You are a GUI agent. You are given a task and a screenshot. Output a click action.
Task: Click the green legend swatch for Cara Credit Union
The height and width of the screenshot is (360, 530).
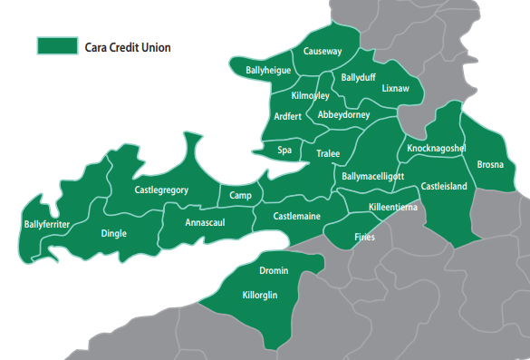coord(57,46)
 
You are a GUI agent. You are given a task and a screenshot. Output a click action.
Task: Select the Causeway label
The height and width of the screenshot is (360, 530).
coord(323,52)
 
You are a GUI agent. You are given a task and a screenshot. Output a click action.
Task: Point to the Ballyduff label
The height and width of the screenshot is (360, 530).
coord(358,78)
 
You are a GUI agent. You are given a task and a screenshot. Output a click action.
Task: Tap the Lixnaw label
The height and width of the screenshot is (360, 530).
coord(396,89)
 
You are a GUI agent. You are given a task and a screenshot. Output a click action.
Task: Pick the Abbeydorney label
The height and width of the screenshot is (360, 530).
coord(344,115)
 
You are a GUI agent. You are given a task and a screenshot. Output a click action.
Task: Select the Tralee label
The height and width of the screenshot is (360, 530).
coord(327,154)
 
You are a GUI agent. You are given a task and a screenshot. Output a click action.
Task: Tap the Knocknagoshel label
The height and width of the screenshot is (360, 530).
coord(437,148)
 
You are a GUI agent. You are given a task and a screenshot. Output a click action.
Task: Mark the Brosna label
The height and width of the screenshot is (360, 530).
coord(490,165)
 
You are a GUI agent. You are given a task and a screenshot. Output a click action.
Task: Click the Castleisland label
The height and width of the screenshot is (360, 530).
coord(444,186)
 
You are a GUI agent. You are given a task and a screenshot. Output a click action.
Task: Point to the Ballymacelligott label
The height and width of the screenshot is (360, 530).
coord(373,176)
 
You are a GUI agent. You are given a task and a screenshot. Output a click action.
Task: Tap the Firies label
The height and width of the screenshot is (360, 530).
coord(363,237)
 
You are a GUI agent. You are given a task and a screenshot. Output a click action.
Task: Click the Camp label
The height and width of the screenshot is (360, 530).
coord(240,196)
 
